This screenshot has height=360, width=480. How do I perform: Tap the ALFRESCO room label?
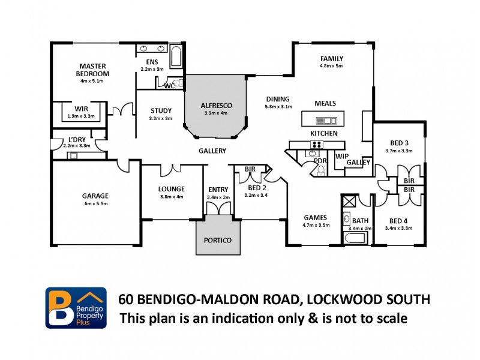tap(216, 106)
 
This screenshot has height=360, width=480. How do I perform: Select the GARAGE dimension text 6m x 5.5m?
tap(95, 204)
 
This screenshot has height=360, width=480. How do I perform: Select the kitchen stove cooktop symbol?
tap(316, 144)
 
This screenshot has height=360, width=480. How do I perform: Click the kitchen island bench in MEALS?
tap(323, 118)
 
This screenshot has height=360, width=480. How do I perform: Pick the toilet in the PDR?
tap(320, 171)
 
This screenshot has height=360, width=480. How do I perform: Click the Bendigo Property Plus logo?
tap(76, 307)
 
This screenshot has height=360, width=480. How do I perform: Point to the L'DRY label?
tap(76, 139)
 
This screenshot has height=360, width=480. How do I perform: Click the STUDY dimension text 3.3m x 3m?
tap(160, 118)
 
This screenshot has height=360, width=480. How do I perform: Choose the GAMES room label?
tap(316, 218)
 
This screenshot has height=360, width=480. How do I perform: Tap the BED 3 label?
tap(399, 143)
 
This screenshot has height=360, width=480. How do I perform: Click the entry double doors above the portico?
tap(217, 208)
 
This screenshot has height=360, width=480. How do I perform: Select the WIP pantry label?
tap(341, 156)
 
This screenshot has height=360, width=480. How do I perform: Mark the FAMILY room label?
tap(331, 58)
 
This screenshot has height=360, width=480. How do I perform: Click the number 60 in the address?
tap(126, 299)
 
